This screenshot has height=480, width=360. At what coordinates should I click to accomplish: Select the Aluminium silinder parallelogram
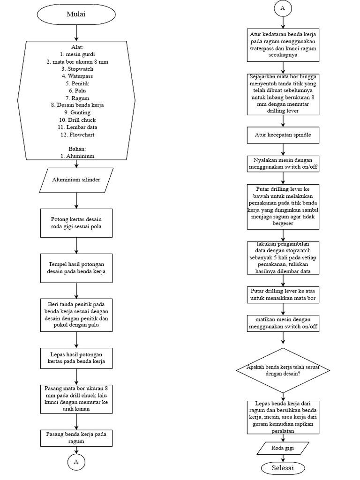click(76, 180)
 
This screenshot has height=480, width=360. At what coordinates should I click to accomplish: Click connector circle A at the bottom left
click(76, 462)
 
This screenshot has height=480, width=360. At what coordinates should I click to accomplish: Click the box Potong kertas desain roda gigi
click(76, 223)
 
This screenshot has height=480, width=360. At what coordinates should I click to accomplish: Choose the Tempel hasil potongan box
click(76, 268)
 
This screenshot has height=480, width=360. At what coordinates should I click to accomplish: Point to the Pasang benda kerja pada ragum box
click(76, 437)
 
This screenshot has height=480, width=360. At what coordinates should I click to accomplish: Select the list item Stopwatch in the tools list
click(77, 68)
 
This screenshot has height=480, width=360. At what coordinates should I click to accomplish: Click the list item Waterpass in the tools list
click(77, 75)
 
